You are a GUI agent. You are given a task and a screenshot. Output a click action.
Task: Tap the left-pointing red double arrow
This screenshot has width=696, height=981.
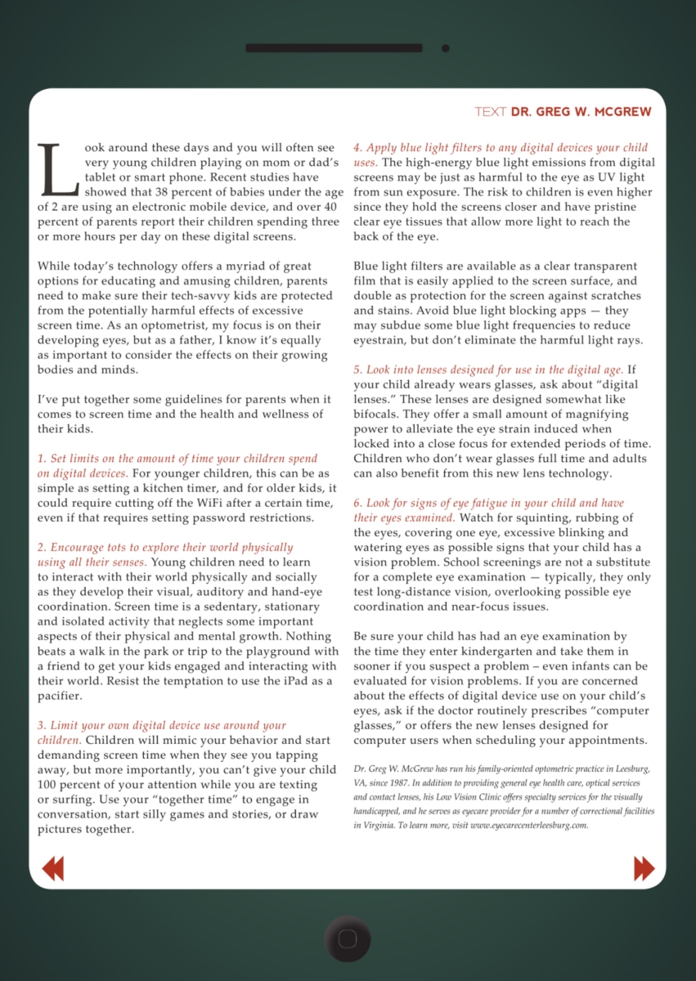(52, 867)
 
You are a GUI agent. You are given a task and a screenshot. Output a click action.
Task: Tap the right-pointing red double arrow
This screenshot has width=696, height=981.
(644, 867)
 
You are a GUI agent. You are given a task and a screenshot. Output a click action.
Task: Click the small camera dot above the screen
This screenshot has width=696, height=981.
(446, 48)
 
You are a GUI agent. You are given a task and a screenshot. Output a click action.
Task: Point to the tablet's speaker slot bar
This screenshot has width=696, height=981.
(334, 48)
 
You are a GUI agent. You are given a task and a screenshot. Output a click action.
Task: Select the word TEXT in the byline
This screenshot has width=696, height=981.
(490, 111)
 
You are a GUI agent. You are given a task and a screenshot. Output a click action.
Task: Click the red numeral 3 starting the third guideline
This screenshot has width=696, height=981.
(41, 725)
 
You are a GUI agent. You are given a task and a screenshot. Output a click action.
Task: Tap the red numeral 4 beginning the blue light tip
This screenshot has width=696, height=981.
(357, 148)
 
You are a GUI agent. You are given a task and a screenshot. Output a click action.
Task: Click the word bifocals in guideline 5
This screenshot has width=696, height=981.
(377, 414)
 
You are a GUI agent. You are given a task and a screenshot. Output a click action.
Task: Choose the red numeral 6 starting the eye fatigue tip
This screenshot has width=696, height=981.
(357, 503)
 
